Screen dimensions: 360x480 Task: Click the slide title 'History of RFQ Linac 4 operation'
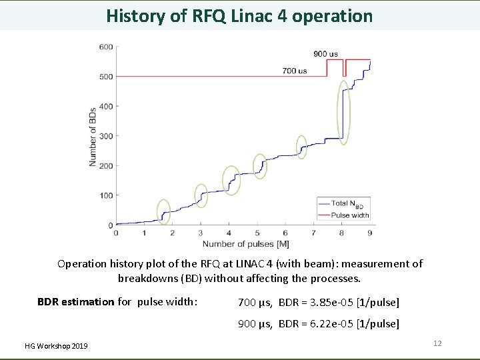click(239, 16)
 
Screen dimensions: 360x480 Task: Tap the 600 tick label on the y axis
click(106, 47)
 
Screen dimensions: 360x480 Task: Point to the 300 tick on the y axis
click(106, 136)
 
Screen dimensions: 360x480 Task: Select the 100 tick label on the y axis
click(106, 195)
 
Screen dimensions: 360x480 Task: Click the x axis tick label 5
click(257, 233)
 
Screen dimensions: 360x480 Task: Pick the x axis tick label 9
click(370, 233)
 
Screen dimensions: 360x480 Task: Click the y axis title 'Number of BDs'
click(93, 136)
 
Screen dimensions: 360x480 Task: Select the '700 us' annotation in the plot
click(294, 71)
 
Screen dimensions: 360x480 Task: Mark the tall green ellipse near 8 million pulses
click(343, 112)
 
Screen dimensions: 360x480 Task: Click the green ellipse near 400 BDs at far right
click(343, 112)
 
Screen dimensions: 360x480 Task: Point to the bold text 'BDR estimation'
click(76, 302)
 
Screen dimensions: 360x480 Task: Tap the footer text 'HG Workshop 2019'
click(56, 345)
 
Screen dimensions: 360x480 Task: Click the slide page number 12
click(437, 343)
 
